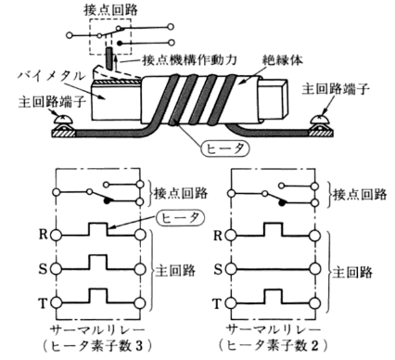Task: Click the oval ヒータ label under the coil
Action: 225,149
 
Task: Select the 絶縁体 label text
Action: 283,59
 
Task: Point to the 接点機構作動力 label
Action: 189,59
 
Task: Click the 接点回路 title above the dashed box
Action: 110,10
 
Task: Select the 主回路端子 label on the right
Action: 336,89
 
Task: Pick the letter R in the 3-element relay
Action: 44,235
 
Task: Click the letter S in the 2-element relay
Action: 218,270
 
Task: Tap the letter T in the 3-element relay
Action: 43,303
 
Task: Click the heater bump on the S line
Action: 98,263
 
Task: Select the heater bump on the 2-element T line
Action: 274,297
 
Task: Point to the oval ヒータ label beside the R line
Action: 181,218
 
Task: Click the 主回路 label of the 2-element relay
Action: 352,273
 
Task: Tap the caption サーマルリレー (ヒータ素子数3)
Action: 97,338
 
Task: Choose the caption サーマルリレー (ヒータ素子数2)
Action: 273,338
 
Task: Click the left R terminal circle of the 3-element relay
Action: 57,236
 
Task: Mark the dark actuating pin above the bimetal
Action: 109,58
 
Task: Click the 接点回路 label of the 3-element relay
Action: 181,193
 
